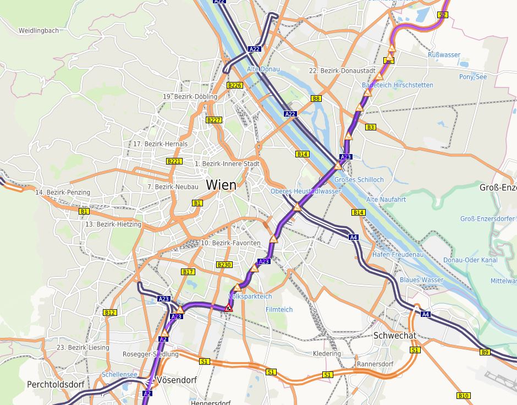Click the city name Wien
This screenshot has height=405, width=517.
pyautogui.click(x=221, y=185)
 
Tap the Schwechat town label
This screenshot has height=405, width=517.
pyautogui.click(x=395, y=335)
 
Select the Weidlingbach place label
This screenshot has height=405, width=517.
pyautogui.click(x=38, y=31)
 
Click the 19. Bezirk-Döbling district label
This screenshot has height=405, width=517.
pyautogui.click(x=190, y=97)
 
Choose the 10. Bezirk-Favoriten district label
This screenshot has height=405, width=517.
pyautogui.click(x=230, y=243)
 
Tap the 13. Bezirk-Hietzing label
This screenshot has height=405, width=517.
pyautogui.click(x=113, y=225)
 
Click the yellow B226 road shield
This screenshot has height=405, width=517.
pyautogui.click(x=234, y=85)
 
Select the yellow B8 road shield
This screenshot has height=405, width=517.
pyautogui.click(x=316, y=98)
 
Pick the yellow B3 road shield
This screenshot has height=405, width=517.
pyautogui.click(x=370, y=127)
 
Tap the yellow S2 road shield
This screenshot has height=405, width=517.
pyautogui.click(x=443, y=15)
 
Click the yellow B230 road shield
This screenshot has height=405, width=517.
pyautogui.click(x=224, y=265)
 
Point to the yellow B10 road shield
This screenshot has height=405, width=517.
pyautogui.click(x=463, y=396)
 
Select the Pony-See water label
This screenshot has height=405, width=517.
pyautogui.click(x=473, y=77)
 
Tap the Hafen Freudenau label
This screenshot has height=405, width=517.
pyautogui.click(x=398, y=255)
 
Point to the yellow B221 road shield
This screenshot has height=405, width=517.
pyautogui.click(x=174, y=161)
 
